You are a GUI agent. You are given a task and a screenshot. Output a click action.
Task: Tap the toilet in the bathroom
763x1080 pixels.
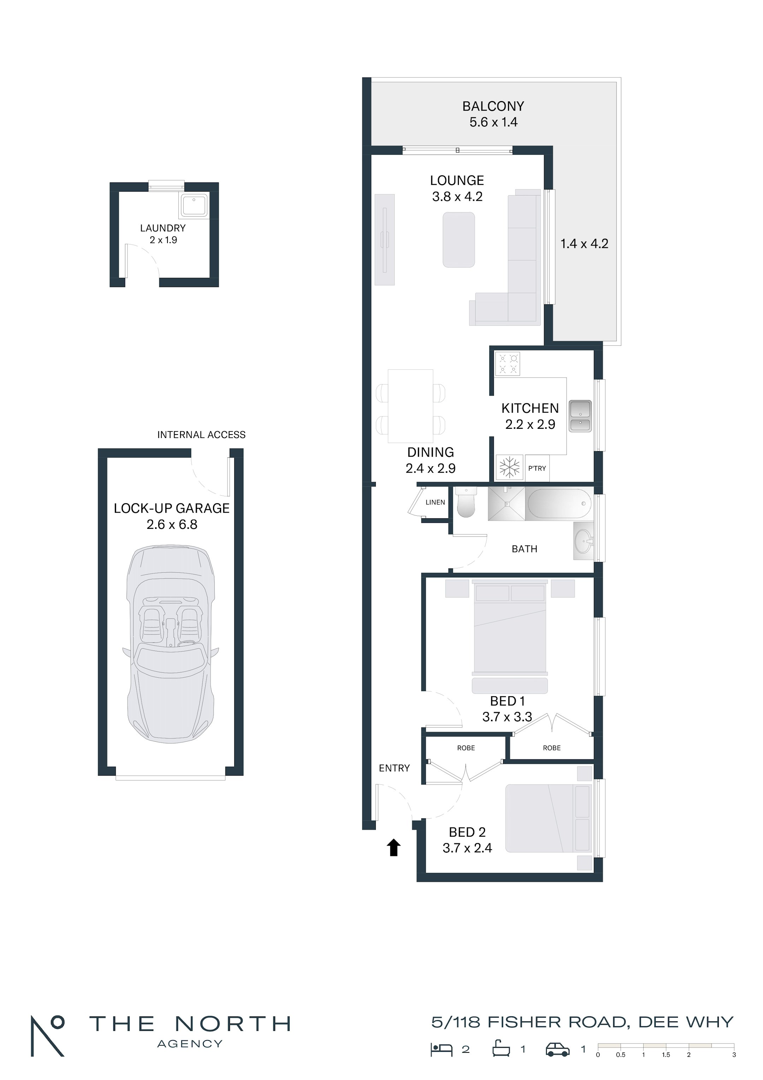466,502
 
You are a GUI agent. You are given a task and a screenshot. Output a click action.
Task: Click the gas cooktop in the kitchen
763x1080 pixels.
508,364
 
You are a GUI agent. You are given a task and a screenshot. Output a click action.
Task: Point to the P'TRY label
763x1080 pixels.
537,468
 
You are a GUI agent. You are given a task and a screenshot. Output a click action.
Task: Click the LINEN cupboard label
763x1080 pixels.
435,502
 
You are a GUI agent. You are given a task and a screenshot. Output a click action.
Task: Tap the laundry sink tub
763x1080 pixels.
194,205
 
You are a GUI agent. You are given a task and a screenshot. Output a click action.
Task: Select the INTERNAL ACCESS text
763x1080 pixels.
201,434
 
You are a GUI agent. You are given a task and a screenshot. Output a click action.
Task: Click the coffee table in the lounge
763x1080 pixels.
459,240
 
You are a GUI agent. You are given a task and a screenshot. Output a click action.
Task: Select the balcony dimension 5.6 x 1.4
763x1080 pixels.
493,122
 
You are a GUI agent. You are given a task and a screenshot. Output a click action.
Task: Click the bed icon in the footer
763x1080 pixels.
442,1050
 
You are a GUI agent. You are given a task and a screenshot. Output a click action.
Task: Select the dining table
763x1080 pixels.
410,406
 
